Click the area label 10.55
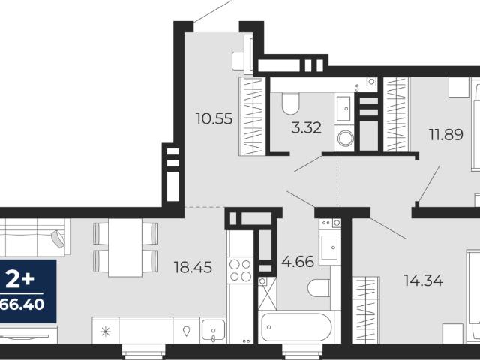click(x=214, y=118)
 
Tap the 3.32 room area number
click(x=307, y=127)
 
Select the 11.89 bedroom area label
click(x=445, y=134)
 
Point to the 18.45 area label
click(x=193, y=267)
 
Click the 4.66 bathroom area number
click(x=298, y=262)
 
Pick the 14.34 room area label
click(x=423, y=280)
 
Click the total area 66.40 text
click(x=22, y=304)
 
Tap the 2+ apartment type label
click(x=20, y=280)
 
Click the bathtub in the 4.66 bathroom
click(x=296, y=327)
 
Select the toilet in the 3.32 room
click(x=290, y=103)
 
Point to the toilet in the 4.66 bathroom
click(x=319, y=288)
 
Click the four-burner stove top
click(x=240, y=270)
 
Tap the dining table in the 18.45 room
click(x=125, y=247)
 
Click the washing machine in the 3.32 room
click(x=345, y=138)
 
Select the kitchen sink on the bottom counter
click(x=213, y=330)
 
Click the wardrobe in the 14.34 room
click(x=366, y=310)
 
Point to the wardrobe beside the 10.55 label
click(x=252, y=116)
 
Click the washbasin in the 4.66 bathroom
click(x=330, y=246)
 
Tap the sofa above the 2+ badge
click(x=33, y=237)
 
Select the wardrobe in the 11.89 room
click(x=396, y=114)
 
